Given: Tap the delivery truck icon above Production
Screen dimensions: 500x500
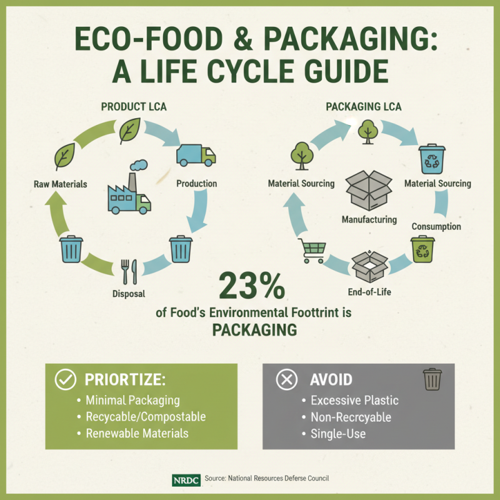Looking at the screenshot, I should click(196, 155).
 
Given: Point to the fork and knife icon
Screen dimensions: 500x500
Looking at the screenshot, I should click(129, 272).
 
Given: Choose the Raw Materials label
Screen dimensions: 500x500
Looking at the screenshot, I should click(61, 184).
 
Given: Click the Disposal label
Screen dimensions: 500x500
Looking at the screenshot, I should click(133, 293).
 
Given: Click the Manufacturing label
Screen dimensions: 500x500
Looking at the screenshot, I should click(369, 219).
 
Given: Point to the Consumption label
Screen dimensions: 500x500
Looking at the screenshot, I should click(436, 226).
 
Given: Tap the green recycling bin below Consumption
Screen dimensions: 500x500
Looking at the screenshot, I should click(422, 248).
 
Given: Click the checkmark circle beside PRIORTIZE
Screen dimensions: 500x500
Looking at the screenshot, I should click(66, 379).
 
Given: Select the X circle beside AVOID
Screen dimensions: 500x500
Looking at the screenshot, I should click(286, 379).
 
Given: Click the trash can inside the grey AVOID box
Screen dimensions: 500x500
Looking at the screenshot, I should click(432, 379).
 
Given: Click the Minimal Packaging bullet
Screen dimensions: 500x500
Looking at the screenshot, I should click(132, 400).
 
